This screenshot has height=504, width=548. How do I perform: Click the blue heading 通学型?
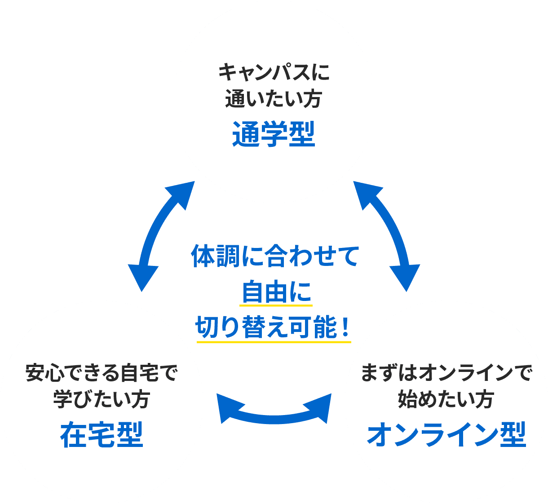click(x=274, y=134)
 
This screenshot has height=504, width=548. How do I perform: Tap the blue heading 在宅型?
click(x=102, y=435)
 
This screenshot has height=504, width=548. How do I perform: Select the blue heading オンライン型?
click(x=446, y=435)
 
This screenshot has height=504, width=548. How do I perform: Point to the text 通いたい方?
click(x=274, y=98)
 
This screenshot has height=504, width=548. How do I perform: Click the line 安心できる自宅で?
click(x=102, y=373)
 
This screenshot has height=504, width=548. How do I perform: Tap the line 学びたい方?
click(x=102, y=399)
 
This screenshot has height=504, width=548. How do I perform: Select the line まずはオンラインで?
click(x=446, y=373)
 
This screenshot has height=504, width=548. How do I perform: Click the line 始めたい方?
click(x=446, y=399)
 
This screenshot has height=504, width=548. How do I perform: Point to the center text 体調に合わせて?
click(x=275, y=256)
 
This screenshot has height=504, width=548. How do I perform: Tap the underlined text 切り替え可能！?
click(x=274, y=327)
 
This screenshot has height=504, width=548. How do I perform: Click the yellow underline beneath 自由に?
click(x=276, y=306)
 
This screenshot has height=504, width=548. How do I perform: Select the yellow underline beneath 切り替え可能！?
click(x=274, y=342)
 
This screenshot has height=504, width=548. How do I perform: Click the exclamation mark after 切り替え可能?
click(x=345, y=327)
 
